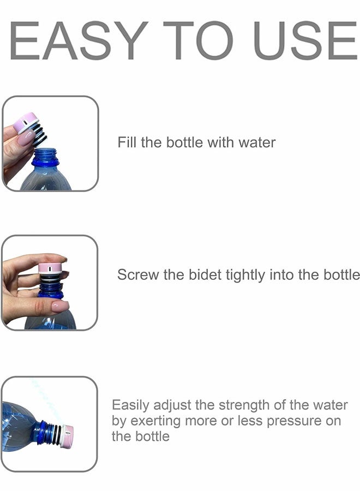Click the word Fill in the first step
pos(127,143)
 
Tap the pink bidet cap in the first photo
pos(26,122)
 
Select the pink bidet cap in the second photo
pos(51,268)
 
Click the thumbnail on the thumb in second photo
pos(60,306)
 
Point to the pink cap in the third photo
pos(68,436)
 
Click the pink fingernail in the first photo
pos(25,138)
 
